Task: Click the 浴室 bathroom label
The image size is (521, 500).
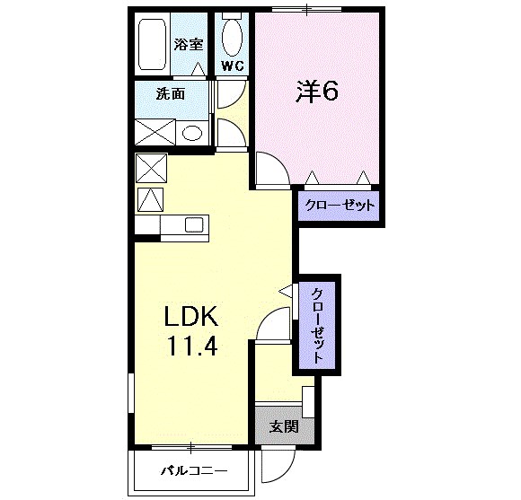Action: point(188,43)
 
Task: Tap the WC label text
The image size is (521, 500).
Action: point(233,66)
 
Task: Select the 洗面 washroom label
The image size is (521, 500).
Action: point(171,93)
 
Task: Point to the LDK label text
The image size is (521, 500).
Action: point(191,316)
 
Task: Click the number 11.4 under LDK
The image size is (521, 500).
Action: point(190,346)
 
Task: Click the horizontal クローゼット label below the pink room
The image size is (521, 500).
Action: point(338,206)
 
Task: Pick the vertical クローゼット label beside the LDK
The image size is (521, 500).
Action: point(318,324)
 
